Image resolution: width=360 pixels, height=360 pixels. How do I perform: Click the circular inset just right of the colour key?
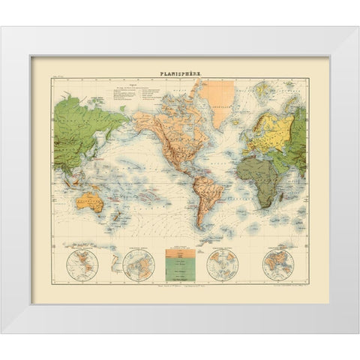point(221,264)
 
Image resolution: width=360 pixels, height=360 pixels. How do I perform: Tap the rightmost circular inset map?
point(277,264)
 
